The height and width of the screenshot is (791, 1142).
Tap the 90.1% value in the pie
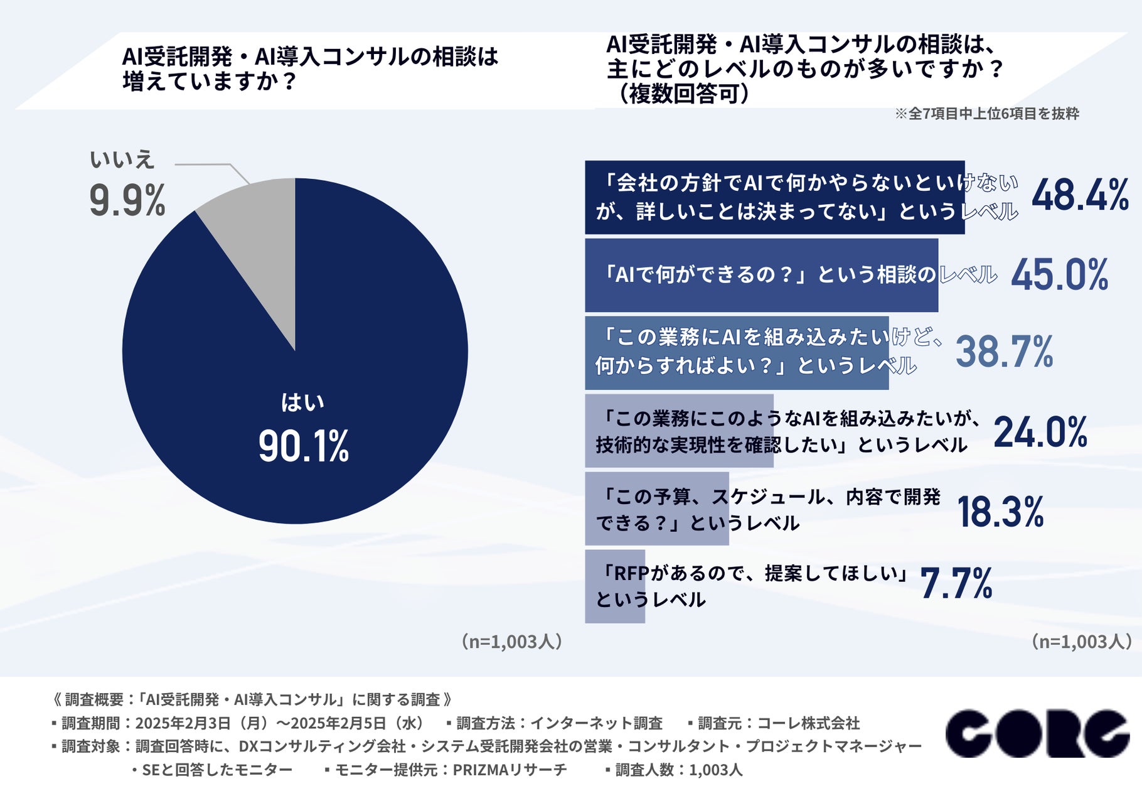point(304,446)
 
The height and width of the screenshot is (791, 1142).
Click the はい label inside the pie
point(302,402)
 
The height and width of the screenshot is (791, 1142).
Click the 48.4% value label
point(1080,195)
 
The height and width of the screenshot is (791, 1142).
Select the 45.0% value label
point(1059,275)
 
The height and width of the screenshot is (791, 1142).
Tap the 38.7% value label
point(1004,352)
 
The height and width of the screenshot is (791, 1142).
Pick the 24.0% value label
point(1040,433)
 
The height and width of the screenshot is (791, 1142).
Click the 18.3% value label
point(1000,512)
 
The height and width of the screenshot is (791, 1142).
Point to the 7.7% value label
point(956,583)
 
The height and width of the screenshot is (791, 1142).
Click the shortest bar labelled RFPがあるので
point(615,586)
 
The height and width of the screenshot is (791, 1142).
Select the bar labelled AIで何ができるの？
point(760,275)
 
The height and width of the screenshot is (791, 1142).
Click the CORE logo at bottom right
point(1037,733)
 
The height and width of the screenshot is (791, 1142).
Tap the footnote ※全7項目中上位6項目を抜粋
point(986,114)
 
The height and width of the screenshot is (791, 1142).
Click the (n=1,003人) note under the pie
point(511,642)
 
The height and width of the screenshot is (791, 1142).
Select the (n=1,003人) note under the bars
point(1082,642)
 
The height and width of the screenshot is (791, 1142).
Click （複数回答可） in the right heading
point(683,94)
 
